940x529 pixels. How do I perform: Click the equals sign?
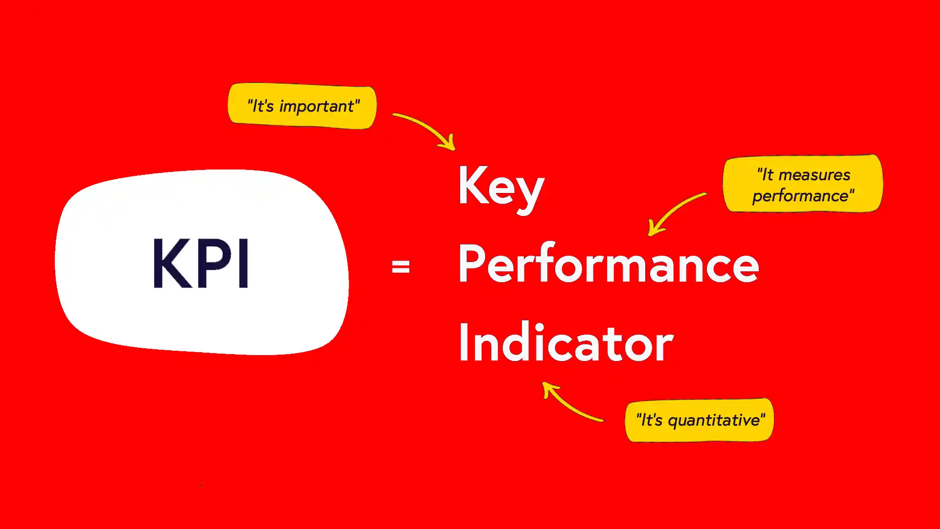tap(400, 267)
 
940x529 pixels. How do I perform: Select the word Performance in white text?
tap(608, 264)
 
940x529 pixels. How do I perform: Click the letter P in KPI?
tap(214, 263)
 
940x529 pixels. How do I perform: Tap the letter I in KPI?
tap(243, 263)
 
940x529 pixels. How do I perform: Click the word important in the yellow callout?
tap(317, 107)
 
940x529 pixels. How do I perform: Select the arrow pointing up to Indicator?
tap(570, 403)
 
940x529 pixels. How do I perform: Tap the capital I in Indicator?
tap(463, 342)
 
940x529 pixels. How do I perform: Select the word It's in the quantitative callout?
tap(651, 420)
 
